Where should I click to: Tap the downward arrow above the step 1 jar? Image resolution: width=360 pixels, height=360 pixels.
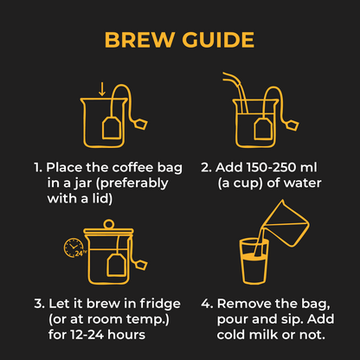pos(102,88)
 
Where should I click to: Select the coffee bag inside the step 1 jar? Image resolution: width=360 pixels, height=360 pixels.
pos(110,128)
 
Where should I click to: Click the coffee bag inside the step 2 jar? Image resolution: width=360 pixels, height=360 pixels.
pos(262,129)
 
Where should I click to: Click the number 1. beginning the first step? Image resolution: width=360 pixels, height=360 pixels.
pos(37,167)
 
